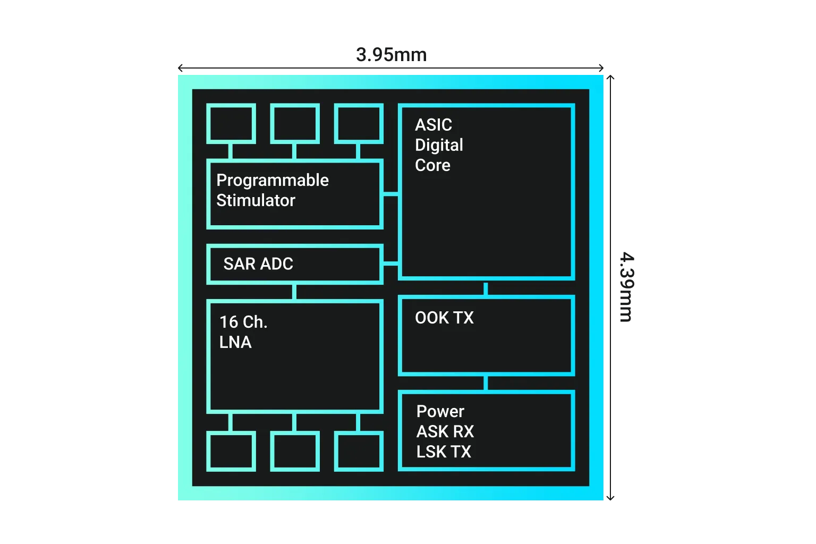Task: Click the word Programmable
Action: [272, 181]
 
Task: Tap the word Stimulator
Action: [256, 200]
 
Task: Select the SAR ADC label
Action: [258, 263]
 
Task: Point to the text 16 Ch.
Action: [243, 322]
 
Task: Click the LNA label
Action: [235, 342]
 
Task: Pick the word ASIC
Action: [433, 125]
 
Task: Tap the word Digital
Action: [439, 145]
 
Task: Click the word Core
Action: [432, 165]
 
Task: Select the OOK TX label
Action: [444, 318]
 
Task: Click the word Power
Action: [440, 411]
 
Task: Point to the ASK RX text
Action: [445, 431]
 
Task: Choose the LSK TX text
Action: [444, 452]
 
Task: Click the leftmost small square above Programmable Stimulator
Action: [231, 124]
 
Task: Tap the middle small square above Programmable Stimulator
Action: [295, 124]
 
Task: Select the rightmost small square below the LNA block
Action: [359, 451]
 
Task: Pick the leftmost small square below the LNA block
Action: [231, 451]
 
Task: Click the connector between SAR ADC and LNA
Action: [295, 292]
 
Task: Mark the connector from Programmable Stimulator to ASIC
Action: [390, 195]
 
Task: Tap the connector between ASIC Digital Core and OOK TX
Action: [486, 288]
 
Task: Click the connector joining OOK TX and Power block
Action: [486, 383]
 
